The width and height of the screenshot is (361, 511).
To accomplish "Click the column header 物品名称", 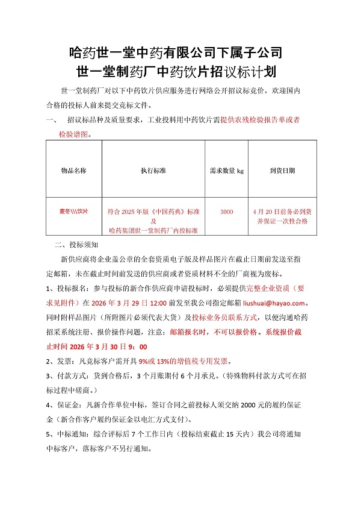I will pyautogui.click(x=74, y=171).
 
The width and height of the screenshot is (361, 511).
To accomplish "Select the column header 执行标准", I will pyautogui.click(x=153, y=171).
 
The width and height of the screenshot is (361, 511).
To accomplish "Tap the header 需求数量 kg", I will pyautogui.click(x=226, y=171).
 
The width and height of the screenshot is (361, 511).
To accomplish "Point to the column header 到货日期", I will pyautogui.click(x=282, y=171).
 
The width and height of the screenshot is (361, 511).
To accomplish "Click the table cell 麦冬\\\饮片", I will pyautogui.click(x=74, y=212).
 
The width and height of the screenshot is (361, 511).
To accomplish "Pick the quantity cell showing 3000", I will pyautogui.click(x=226, y=212).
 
